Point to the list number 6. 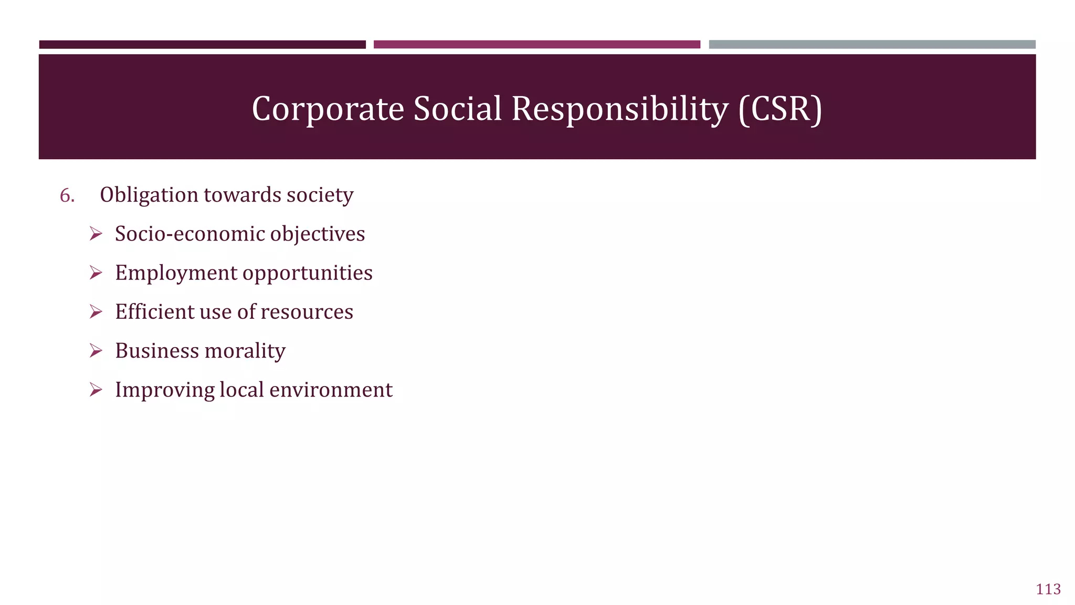[67, 195]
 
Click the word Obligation [149, 195]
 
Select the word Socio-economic [190, 234]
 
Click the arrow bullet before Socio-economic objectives [96, 234]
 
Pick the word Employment [176, 273]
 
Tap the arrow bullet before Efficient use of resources [96, 312]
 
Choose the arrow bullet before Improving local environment [96, 390]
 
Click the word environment [331, 390]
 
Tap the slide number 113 [1048, 589]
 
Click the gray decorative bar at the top [872, 45]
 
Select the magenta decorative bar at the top [536, 45]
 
